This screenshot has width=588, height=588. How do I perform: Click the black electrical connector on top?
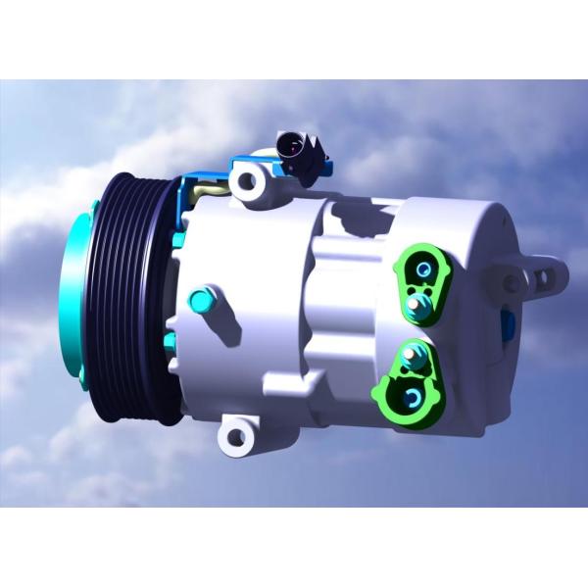[x=294, y=149]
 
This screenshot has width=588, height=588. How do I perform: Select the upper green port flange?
[x=427, y=284]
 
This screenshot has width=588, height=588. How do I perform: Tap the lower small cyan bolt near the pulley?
[x=171, y=341]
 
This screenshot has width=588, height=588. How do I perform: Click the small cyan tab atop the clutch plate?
[x=93, y=207]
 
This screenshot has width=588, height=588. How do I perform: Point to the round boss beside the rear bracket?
[x=512, y=284]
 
